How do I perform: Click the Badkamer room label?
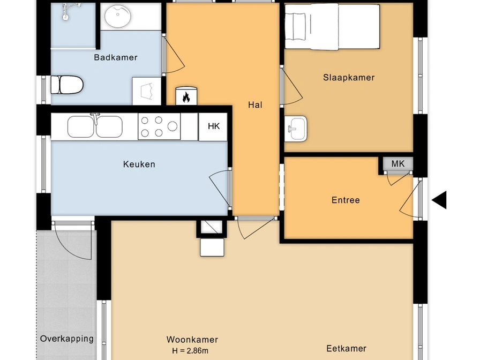[x=115, y=57]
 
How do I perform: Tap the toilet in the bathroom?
[x=67, y=85]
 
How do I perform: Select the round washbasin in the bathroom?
[x=118, y=16]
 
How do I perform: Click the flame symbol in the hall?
[x=186, y=97]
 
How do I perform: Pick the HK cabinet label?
[x=214, y=126]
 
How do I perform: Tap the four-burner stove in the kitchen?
[x=159, y=126]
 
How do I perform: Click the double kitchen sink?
[x=95, y=126]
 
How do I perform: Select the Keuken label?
[x=139, y=164]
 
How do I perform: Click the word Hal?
[x=255, y=105]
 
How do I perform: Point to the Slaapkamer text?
[x=349, y=78]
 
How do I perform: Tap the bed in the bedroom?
[x=332, y=26]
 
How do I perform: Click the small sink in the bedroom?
[x=295, y=129]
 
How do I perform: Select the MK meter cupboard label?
[x=398, y=164]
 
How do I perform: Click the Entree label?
[x=346, y=200]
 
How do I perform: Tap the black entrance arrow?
[x=439, y=200]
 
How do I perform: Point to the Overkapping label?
[x=67, y=339]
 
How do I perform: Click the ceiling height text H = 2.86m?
[x=190, y=351]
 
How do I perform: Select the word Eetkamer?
[x=346, y=348]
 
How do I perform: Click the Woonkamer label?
[x=192, y=340]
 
